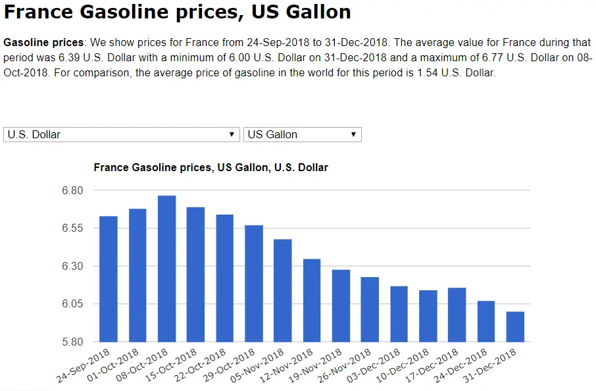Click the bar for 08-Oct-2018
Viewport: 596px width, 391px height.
tap(166, 269)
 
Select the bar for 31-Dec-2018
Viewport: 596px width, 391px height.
tap(515, 326)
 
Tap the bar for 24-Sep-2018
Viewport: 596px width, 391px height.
tap(109, 279)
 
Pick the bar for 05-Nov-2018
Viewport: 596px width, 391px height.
tap(283, 290)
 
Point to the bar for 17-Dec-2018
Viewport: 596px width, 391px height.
tap(457, 315)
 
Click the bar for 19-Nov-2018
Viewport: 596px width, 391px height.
tap(341, 305)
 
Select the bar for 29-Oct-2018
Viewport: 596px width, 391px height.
tap(254, 284)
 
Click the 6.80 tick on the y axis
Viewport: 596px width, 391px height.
tap(72, 191)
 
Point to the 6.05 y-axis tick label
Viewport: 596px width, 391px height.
tap(72, 304)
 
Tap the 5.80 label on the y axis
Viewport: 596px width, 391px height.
tap(72, 342)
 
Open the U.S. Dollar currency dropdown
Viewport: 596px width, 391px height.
tap(121, 134)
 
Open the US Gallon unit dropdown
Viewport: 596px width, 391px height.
tap(302, 134)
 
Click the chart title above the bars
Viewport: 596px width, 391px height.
tap(211, 168)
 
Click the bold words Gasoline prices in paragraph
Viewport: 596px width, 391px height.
tap(43, 42)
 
